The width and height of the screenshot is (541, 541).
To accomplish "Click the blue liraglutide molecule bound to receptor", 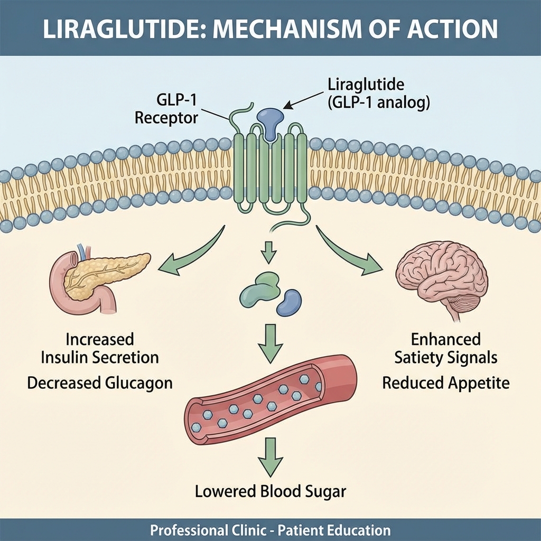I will pos(270,120).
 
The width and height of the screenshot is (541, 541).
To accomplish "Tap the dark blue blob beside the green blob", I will pos(289,302).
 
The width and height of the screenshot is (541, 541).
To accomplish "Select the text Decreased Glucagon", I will pos(100,383).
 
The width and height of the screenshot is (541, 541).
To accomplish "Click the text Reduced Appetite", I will pos(446,383).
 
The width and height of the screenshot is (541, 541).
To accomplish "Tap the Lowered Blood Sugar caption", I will pos(270,491).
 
